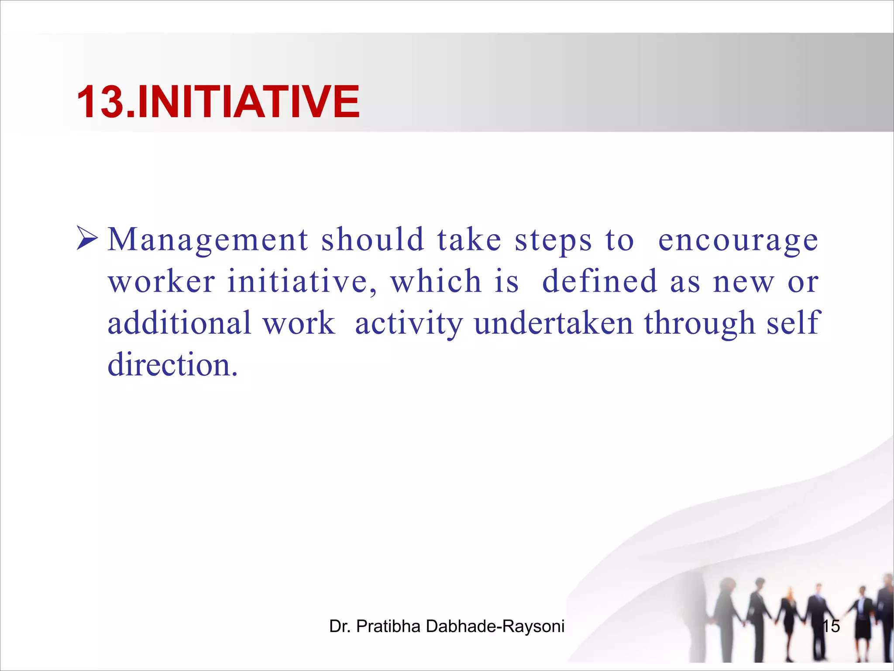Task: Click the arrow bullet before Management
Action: [87, 238]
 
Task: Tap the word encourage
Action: [738, 240]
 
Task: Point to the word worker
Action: [162, 281]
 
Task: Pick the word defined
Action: [599, 281]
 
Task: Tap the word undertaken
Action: [554, 323]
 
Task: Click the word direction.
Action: [172, 364]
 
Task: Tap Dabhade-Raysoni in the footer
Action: [495, 626]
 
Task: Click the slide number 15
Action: [831, 626]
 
